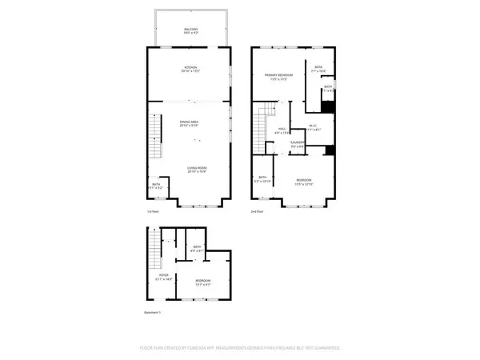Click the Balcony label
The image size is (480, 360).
click(189, 30)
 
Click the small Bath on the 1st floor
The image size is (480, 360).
click(157, 186)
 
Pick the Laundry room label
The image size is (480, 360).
click(297, 144)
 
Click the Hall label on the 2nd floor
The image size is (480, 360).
click(282, 130)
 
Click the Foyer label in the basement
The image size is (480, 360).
click(164, 277)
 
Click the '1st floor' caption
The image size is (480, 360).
click(154, 211)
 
